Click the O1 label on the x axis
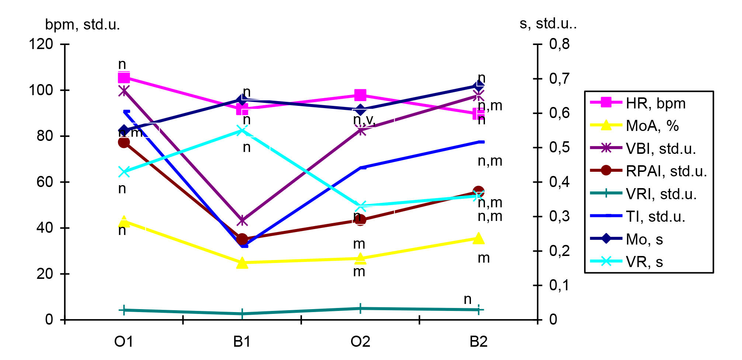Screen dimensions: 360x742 coord(124,342)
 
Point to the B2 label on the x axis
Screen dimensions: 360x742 coord(478,342)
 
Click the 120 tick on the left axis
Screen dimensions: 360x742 coord(41,44)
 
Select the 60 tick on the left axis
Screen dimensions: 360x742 coord(45,182)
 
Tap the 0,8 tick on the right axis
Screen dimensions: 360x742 coord(559,44)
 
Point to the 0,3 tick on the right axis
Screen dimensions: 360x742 coord(559,217)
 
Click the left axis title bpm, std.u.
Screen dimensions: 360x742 coord(82,25)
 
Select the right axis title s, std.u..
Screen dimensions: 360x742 coord(548,24)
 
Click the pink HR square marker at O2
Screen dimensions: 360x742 coord(360,95)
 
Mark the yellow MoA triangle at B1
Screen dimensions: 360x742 coord(242,263)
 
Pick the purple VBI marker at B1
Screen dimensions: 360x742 coord(242,221)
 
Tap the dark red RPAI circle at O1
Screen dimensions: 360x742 coord(124,142)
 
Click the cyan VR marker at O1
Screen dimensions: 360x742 coord(124,172)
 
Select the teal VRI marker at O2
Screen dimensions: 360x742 coord(360,308)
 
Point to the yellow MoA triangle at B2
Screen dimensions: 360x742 coord(478,238)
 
